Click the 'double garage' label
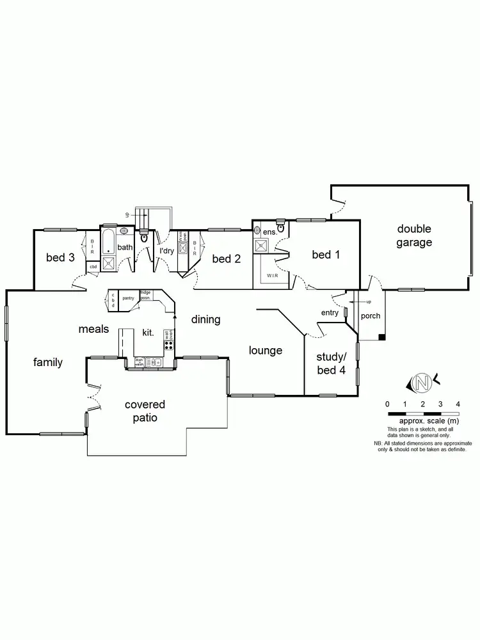[x=414, y=236]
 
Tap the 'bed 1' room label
[x=326, y=255]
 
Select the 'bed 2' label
[x=226, y=259]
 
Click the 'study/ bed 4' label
[x=331, y=363]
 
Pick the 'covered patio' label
[x=145, y=411]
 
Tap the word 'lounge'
[x=266, y=350]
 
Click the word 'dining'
[x=205, y=319]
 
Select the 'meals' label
[x=93, y=329]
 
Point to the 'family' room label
[x=48, y=362]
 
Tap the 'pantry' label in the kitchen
[x=128, y=298]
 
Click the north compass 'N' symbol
[x=421, y=383]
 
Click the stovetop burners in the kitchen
[x=169, y=346]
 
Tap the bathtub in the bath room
[x=108, y=242]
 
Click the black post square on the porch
[x=381, y=337]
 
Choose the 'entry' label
[x=330, y=312]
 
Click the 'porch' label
[x=371, y=316]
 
